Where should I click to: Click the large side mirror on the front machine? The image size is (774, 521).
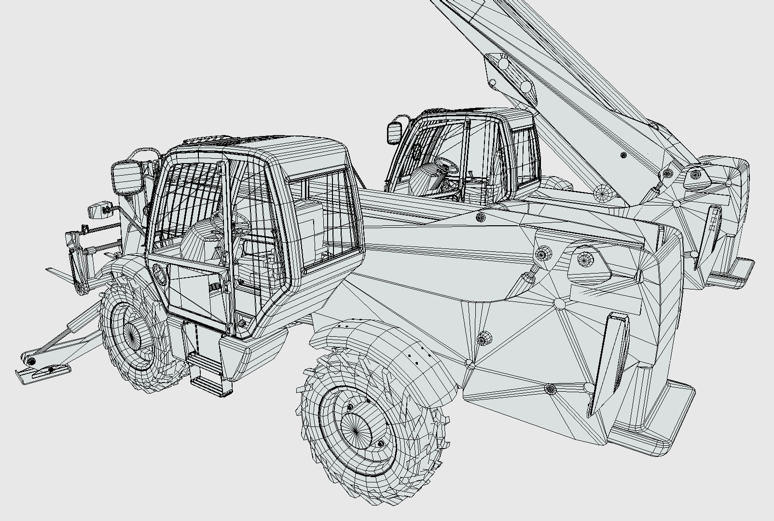coord(126,178)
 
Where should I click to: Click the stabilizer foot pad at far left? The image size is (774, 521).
coord(42,372)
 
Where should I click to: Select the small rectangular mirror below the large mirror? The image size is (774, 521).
coord(98,211)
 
